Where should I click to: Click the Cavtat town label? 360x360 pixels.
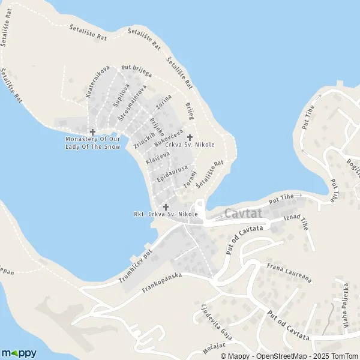pyautogui.click(x=240, y=214)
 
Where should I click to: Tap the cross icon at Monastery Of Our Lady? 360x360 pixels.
pyautogui.click(x=92, y=132)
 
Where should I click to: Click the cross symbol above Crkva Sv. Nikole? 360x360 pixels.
pyautogui.click(x=190, y=137)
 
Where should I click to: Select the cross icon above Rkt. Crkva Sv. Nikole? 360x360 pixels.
pyautogui.click(x=166, y=206)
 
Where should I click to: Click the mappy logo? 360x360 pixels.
pyautogui.click(x=19, y=353)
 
